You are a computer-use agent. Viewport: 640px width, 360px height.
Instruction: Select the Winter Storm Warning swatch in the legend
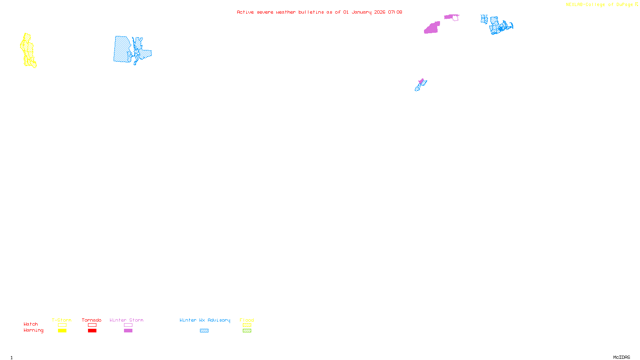tap(128, 331)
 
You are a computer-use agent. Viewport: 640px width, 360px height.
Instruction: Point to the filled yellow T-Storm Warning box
tap(62, 331)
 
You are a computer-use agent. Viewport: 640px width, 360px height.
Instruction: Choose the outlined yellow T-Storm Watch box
tap(62, 325)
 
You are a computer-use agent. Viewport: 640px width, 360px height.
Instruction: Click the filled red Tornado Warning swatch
tap(92, 331)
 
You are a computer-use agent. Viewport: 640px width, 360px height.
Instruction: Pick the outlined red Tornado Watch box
tap(92, 325)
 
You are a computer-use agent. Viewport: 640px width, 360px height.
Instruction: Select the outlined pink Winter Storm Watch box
tap(128, 325)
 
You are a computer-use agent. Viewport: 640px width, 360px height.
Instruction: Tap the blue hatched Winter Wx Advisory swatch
tap(204, 331)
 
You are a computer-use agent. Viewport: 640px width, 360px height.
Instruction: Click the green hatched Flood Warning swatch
tap(247, 331)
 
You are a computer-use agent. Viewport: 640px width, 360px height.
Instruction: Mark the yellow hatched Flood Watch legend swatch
tap(247, 325)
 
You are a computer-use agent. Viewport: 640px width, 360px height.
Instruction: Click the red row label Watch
tap(31, 324)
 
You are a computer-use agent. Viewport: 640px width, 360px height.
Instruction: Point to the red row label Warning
tap(33, 330)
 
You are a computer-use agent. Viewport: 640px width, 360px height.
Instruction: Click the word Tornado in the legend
tap(92, 320)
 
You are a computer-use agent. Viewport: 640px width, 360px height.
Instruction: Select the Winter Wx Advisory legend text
tap(205, 320)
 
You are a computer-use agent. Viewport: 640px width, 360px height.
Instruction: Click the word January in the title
tap(362, 12)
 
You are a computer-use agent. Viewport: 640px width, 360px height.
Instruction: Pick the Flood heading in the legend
tap(247, 320)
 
